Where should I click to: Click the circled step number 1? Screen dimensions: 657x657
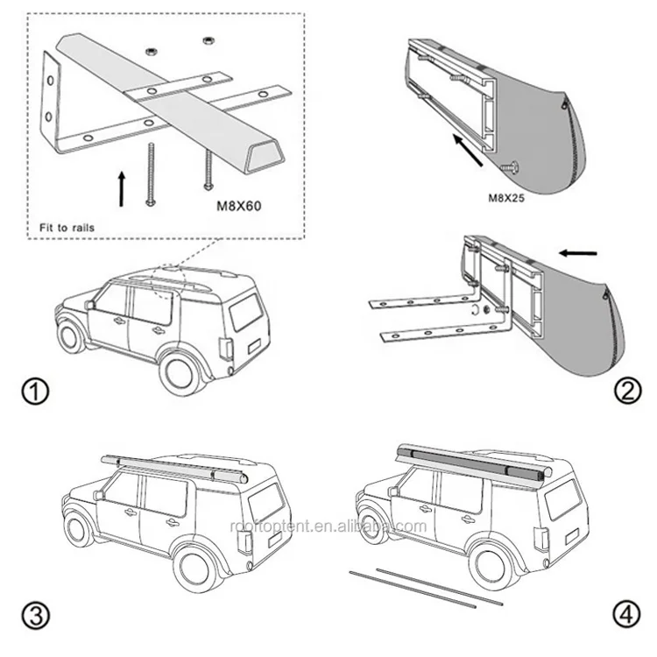(x=36, y=391)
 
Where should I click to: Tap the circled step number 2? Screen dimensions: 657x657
(x=623, y=391)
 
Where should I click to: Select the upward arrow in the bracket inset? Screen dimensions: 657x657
(x=121, y=187)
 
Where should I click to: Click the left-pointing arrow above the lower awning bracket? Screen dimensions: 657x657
(x=577, y=253)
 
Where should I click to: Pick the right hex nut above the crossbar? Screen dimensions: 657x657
(x=208, y=39)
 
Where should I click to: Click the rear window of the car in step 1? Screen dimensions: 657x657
(x=244, y=311)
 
